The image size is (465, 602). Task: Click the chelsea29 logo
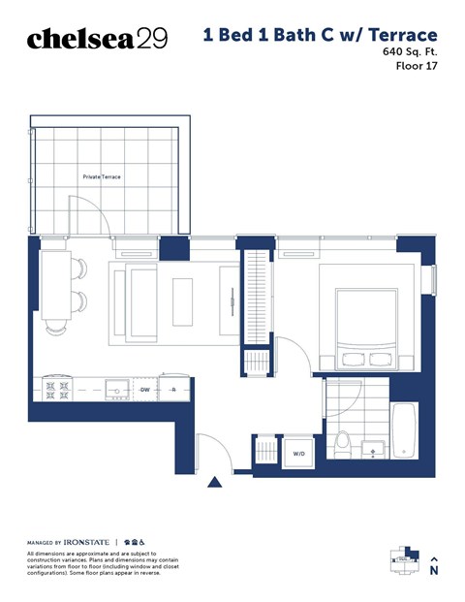point(97,39)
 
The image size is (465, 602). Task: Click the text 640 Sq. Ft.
point(411,51)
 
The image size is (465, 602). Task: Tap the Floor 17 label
point(418,67)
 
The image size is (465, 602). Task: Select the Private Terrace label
point(102,177)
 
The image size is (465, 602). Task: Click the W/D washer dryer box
point(299,453)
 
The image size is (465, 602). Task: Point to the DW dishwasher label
point(143,390)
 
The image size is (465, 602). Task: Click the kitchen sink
point(117,390)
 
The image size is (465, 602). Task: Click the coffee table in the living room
point(183,301)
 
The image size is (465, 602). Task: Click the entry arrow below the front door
point(215,482)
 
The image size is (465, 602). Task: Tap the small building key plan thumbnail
point(400,560)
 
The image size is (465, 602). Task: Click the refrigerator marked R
point(173,390)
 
